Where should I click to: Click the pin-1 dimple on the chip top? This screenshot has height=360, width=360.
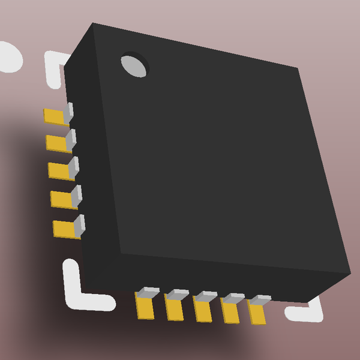coord(134,65)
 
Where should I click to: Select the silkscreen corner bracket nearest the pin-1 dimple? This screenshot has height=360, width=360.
coord(55,66)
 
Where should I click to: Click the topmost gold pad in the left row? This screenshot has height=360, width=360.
coord(55,116)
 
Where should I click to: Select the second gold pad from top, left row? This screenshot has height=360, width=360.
coord(56,143)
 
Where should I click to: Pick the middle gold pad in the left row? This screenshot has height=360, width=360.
coord(59,171)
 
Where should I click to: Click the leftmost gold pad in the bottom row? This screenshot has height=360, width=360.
coord(145,308)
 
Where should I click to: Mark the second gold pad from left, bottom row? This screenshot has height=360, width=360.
coord(175,310)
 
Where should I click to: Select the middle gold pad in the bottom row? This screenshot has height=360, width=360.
coord(203,311)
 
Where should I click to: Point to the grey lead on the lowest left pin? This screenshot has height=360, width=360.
coord(79,224)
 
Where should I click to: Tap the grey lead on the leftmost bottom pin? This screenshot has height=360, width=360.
coord(148,293)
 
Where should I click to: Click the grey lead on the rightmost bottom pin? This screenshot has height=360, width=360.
coord(260,299)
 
